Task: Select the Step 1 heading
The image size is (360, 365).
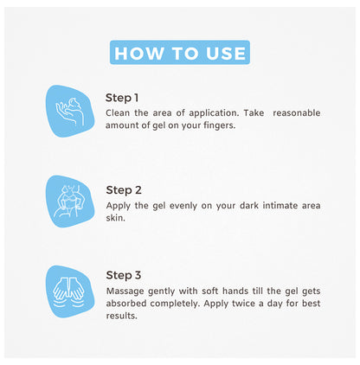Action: [122, 98]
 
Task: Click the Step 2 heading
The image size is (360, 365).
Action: [124, 190]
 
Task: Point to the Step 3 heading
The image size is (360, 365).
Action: [124, 275]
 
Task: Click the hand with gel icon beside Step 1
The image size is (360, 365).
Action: [70, 112]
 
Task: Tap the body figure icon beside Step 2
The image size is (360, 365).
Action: [70, 202]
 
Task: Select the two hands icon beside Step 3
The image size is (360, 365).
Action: [68, 291]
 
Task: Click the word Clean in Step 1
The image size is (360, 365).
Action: [118, 112]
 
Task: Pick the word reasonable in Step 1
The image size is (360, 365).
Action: [297, 112]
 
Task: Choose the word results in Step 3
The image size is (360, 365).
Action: [121, 316]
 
